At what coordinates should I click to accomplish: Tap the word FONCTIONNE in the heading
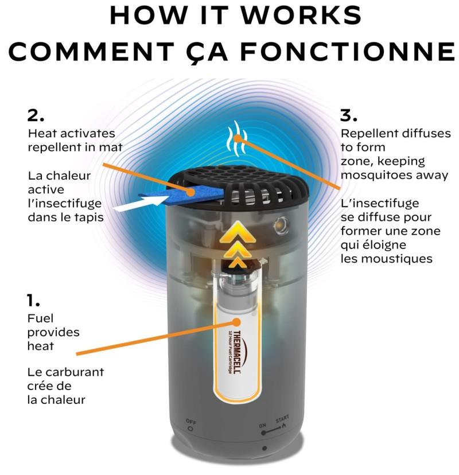point(347,52)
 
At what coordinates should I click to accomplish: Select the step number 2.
point(36,115)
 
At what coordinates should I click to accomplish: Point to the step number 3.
point(348,115)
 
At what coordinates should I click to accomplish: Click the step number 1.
point(33,300)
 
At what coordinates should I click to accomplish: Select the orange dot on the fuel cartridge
point(236,322)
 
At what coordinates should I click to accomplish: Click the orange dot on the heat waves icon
point(239,138)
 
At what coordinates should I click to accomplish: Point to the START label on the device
point(282,419)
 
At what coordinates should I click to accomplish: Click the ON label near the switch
point(262,425)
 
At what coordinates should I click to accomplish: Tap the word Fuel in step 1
point(40,318)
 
